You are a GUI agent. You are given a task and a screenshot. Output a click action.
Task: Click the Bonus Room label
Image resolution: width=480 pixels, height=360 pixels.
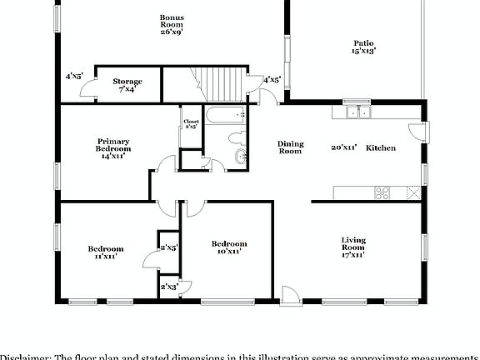[172, 24]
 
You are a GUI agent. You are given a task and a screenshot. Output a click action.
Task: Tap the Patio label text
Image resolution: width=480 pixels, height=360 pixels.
[362, 47]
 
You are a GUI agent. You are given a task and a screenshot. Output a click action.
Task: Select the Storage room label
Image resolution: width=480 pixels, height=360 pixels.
[127, 85]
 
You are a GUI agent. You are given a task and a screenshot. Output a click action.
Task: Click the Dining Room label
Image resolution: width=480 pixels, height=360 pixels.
[290, 147]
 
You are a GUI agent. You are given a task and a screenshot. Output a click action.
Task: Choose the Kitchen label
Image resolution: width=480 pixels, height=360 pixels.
[381, 147]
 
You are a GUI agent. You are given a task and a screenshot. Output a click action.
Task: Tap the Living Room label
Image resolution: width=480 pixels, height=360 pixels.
[353, 248]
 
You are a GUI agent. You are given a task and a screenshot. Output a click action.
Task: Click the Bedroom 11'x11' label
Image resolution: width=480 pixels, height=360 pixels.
[106, 252]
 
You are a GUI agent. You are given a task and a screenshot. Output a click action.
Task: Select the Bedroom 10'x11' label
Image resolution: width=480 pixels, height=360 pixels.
[225, 246]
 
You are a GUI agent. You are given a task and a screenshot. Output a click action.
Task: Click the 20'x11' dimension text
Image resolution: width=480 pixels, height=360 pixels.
[344, 147]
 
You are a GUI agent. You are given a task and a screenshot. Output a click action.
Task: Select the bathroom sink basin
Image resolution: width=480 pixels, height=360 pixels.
[242, 157]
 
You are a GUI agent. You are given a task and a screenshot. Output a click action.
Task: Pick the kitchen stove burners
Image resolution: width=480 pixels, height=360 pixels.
[383, 192]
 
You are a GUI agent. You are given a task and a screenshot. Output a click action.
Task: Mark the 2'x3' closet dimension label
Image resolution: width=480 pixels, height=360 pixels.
[169, 286]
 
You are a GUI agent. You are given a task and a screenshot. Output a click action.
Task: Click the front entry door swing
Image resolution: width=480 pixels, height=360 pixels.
[289, 295]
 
